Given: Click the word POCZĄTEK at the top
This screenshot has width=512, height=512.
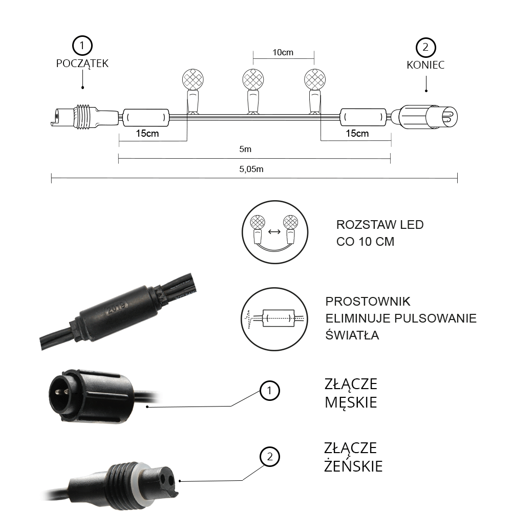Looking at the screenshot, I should coord(82,63).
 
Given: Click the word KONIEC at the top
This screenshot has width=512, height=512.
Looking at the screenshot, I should coord(425,65).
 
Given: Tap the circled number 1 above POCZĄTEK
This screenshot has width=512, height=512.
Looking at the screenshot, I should coord(82,46).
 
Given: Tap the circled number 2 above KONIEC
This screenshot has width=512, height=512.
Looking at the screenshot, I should coord(425,48).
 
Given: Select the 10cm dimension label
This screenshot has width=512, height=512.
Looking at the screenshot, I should coord(283,53).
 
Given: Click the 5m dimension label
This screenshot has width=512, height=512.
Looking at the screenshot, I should coord(254,150).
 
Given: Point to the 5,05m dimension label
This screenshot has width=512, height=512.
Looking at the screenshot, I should coord(254,169).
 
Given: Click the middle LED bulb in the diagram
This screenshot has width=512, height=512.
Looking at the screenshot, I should coord(253,80).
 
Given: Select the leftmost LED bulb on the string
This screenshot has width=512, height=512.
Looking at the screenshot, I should coord(193,80).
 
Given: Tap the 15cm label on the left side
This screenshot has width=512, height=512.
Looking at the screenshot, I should coord(147,134).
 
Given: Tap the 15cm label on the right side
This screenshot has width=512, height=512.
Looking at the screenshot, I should coord(357,134).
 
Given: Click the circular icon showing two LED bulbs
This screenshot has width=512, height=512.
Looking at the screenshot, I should coord(274,231).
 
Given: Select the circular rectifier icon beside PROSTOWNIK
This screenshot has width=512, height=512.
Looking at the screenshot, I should coord(274,318).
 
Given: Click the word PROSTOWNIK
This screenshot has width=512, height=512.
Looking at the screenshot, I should coord(368,302).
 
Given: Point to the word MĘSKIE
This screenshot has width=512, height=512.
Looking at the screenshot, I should coord(351,402).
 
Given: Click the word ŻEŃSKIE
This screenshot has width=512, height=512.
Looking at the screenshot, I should coord(353,466).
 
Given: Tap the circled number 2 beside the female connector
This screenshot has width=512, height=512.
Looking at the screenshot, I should coord(270,457).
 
